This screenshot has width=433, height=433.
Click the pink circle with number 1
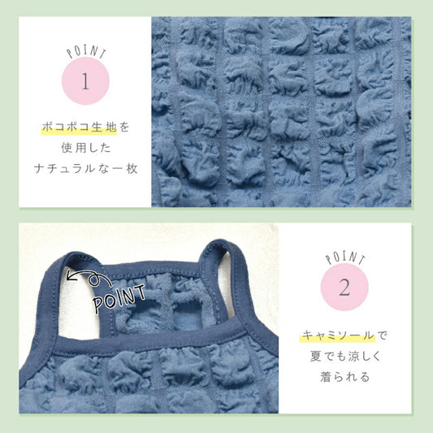[85, 81]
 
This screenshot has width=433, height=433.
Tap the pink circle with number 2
[344, 287]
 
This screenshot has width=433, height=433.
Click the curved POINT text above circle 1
[86, 52]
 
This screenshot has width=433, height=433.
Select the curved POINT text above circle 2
[345, 258]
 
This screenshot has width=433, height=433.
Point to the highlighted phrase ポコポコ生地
[80, 128]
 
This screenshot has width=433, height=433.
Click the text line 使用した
[86, 148]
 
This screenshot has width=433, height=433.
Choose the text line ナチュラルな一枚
[86, 169]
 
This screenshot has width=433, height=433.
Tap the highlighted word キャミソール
[337, 336]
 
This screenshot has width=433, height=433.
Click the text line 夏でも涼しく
[345, 356]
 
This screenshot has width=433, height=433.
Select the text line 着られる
[345, 377]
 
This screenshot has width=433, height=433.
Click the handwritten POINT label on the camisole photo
[119, 298]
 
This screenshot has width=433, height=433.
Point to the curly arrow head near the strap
[71, 276]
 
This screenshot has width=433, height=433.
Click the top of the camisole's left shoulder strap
[75, 255]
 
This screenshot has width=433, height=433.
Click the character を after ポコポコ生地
[124, 128]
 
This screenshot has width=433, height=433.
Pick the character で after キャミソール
[382, 336]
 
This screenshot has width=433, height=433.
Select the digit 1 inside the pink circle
[85, 81]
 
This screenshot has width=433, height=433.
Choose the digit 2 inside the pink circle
[344, 288]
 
